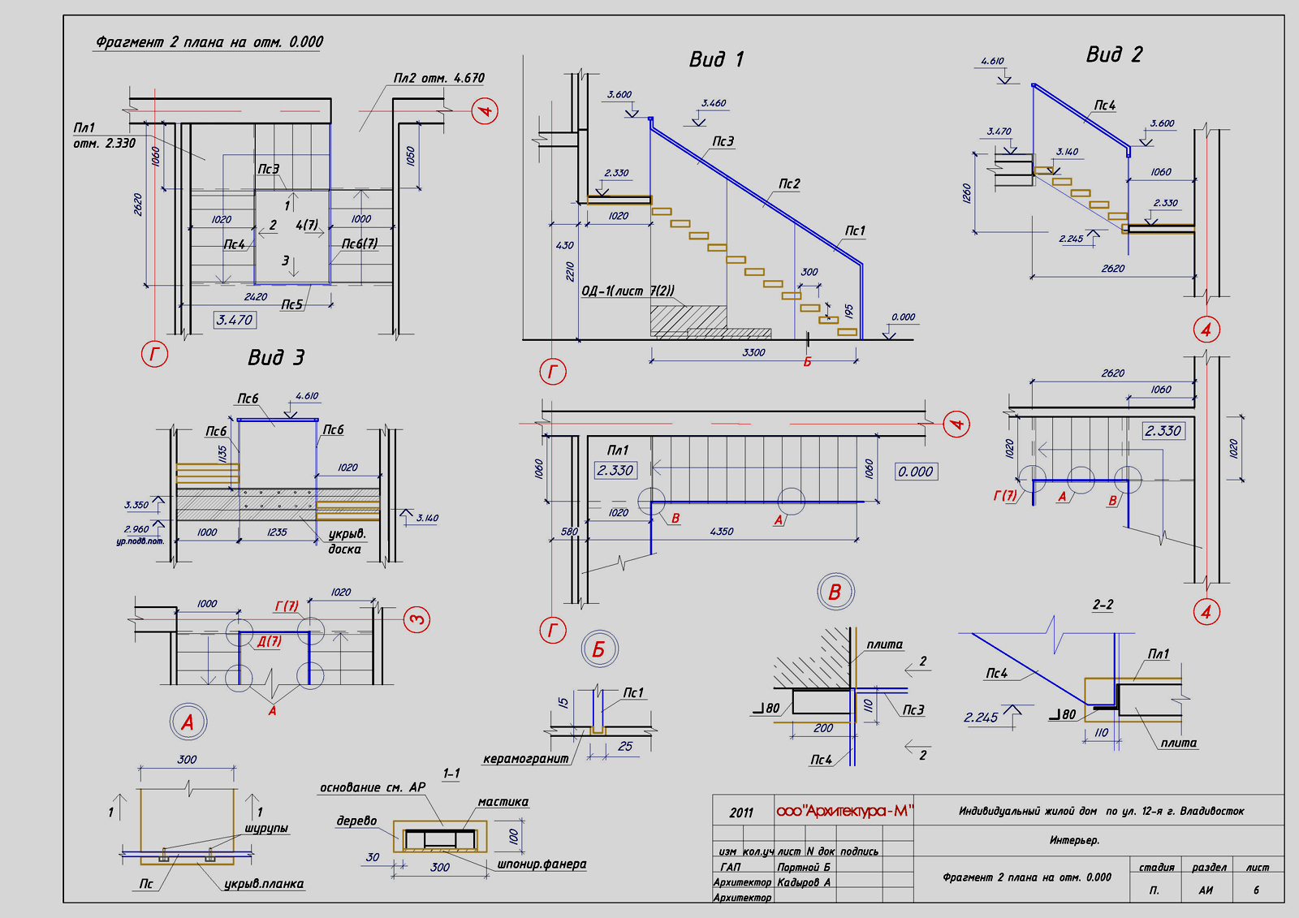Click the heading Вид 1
pyautogui.click(x=716, y=59)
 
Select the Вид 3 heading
pyautogui.click(x=276, y=358)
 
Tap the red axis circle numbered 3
pyautogui.click(x=416, y=620)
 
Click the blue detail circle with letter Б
pyautogui.click(x=599, y=649)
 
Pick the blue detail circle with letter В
pyautogui.click(x=835, y=593)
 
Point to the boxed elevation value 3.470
pyautogui.click(x=235, y=321)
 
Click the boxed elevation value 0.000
pyautogui.click(x=916, y=472)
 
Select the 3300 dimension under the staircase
pyautogui.click(x=753, y=352)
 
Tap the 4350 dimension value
pyautogui.click(x=721, y=532)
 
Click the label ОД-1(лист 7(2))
pyautogui.click(x=628, y=291)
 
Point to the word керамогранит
pyautogui.click(x=525, y=759)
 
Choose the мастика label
pyautogui.click(x=503, y=802)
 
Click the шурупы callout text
pyautogui.click(x=266, y=829)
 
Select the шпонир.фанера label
pyautogui.click(x=542, y=864)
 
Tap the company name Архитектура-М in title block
pyautogui.click(x=844, y=811)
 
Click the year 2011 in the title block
pyautogui.click(x=741, y=812)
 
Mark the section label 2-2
pyautogui.click(x=1103, y=605)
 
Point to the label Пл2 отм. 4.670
pyautogui.click(x=438, y=79)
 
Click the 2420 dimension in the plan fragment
pyautogui.click(x=256, y=297)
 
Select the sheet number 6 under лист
pyautogui.click(x=1256, y=890)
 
